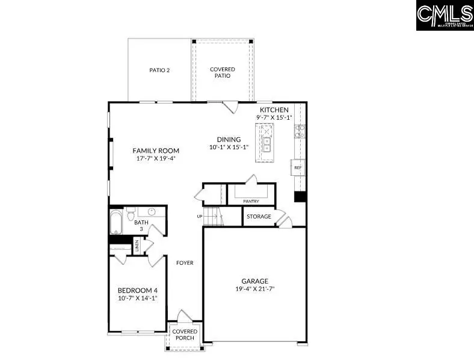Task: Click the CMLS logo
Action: click(x=444, y=15)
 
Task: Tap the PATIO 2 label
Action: click(x=159, y=70)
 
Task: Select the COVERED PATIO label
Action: click(x=222, y=73)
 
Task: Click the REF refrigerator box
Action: click(x=297, y=167)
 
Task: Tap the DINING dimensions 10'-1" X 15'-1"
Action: click(x=224, y=147)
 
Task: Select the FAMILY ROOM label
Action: click(x=156, y=151)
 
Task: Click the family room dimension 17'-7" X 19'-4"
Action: click(x=156, y=159)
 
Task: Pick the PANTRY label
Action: click(x=251, y=202)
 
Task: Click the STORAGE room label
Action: click(x=259, y=217)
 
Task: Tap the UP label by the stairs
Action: click(x=199, y=216)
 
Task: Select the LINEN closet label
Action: click(x=137, y=246)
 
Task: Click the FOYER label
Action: click(x=185, y=263)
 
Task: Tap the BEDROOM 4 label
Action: click(x=137, y=290)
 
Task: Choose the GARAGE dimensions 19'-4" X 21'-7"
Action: click(x=254, y=289)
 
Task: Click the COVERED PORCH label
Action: click(x=185, y=335)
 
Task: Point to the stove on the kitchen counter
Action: click(x=299, y=131)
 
